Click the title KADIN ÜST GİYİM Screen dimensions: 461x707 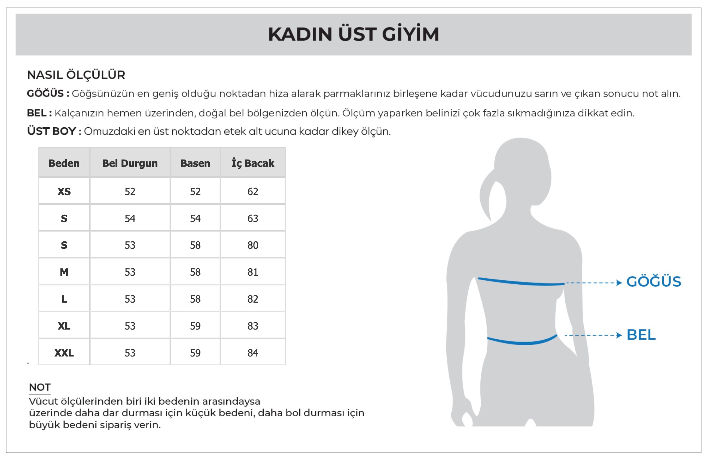pyautogui.click(x=353, y=34)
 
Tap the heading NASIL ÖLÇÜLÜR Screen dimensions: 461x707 pyautogui.click(x=76, y=75)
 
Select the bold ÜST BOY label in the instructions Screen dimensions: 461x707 pyautogui.click(x=52, y=131)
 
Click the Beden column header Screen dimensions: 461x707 pyautogui.click(x=64, y=163)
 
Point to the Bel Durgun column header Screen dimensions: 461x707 pyautogui.click(x=130, y=163)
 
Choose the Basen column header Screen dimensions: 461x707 pyautogui.click(x=195, y=163)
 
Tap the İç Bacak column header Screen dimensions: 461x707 pyautogui.click(x=253, y=163)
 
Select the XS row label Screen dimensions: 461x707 pyautogui.click(x=64, y=192)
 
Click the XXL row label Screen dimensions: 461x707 pyautogui.click(x=64, y=353)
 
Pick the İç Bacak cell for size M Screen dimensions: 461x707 pyautogui.click(x=253, y=272)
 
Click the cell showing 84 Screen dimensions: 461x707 pyautogui.click(x=253, y=353)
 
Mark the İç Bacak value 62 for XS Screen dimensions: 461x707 pyautogui.click(x=253, y=192)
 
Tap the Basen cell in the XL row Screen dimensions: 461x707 pyautogui.click(x=195, y=326)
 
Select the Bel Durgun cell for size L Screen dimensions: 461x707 pyautogui.click(x=130, y=299)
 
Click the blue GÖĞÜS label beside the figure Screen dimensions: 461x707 pyautogui.click(x=654, y=282)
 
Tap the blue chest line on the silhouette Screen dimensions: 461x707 pyautogui.click(x=521, y=282)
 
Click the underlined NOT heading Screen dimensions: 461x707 pyautogui.click(x=40, y=387)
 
